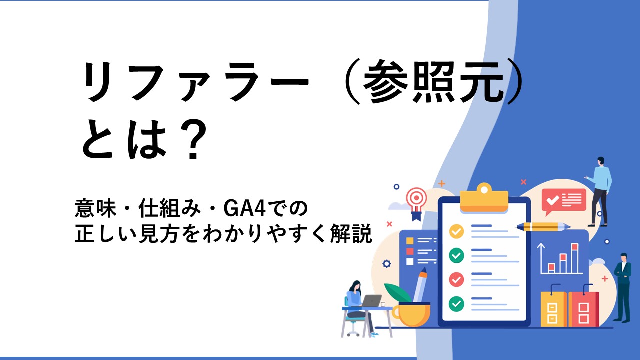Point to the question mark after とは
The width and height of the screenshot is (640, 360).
pyautogui.click(x=194, y=139)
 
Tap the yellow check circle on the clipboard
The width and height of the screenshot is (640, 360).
pyautogui.click(x=456, y=231)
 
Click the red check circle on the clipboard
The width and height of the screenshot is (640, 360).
pyautogui.click(x=456, y=279)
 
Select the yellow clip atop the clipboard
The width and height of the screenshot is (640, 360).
pyautogui.click(x=484, y=198)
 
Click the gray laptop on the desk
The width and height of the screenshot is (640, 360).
pyautogui.click(x=371, y=301)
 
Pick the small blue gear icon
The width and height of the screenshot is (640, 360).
pyautogui.click(x=386, y=263)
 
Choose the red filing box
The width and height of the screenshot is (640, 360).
pyautogui.click(x=584, y=309)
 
